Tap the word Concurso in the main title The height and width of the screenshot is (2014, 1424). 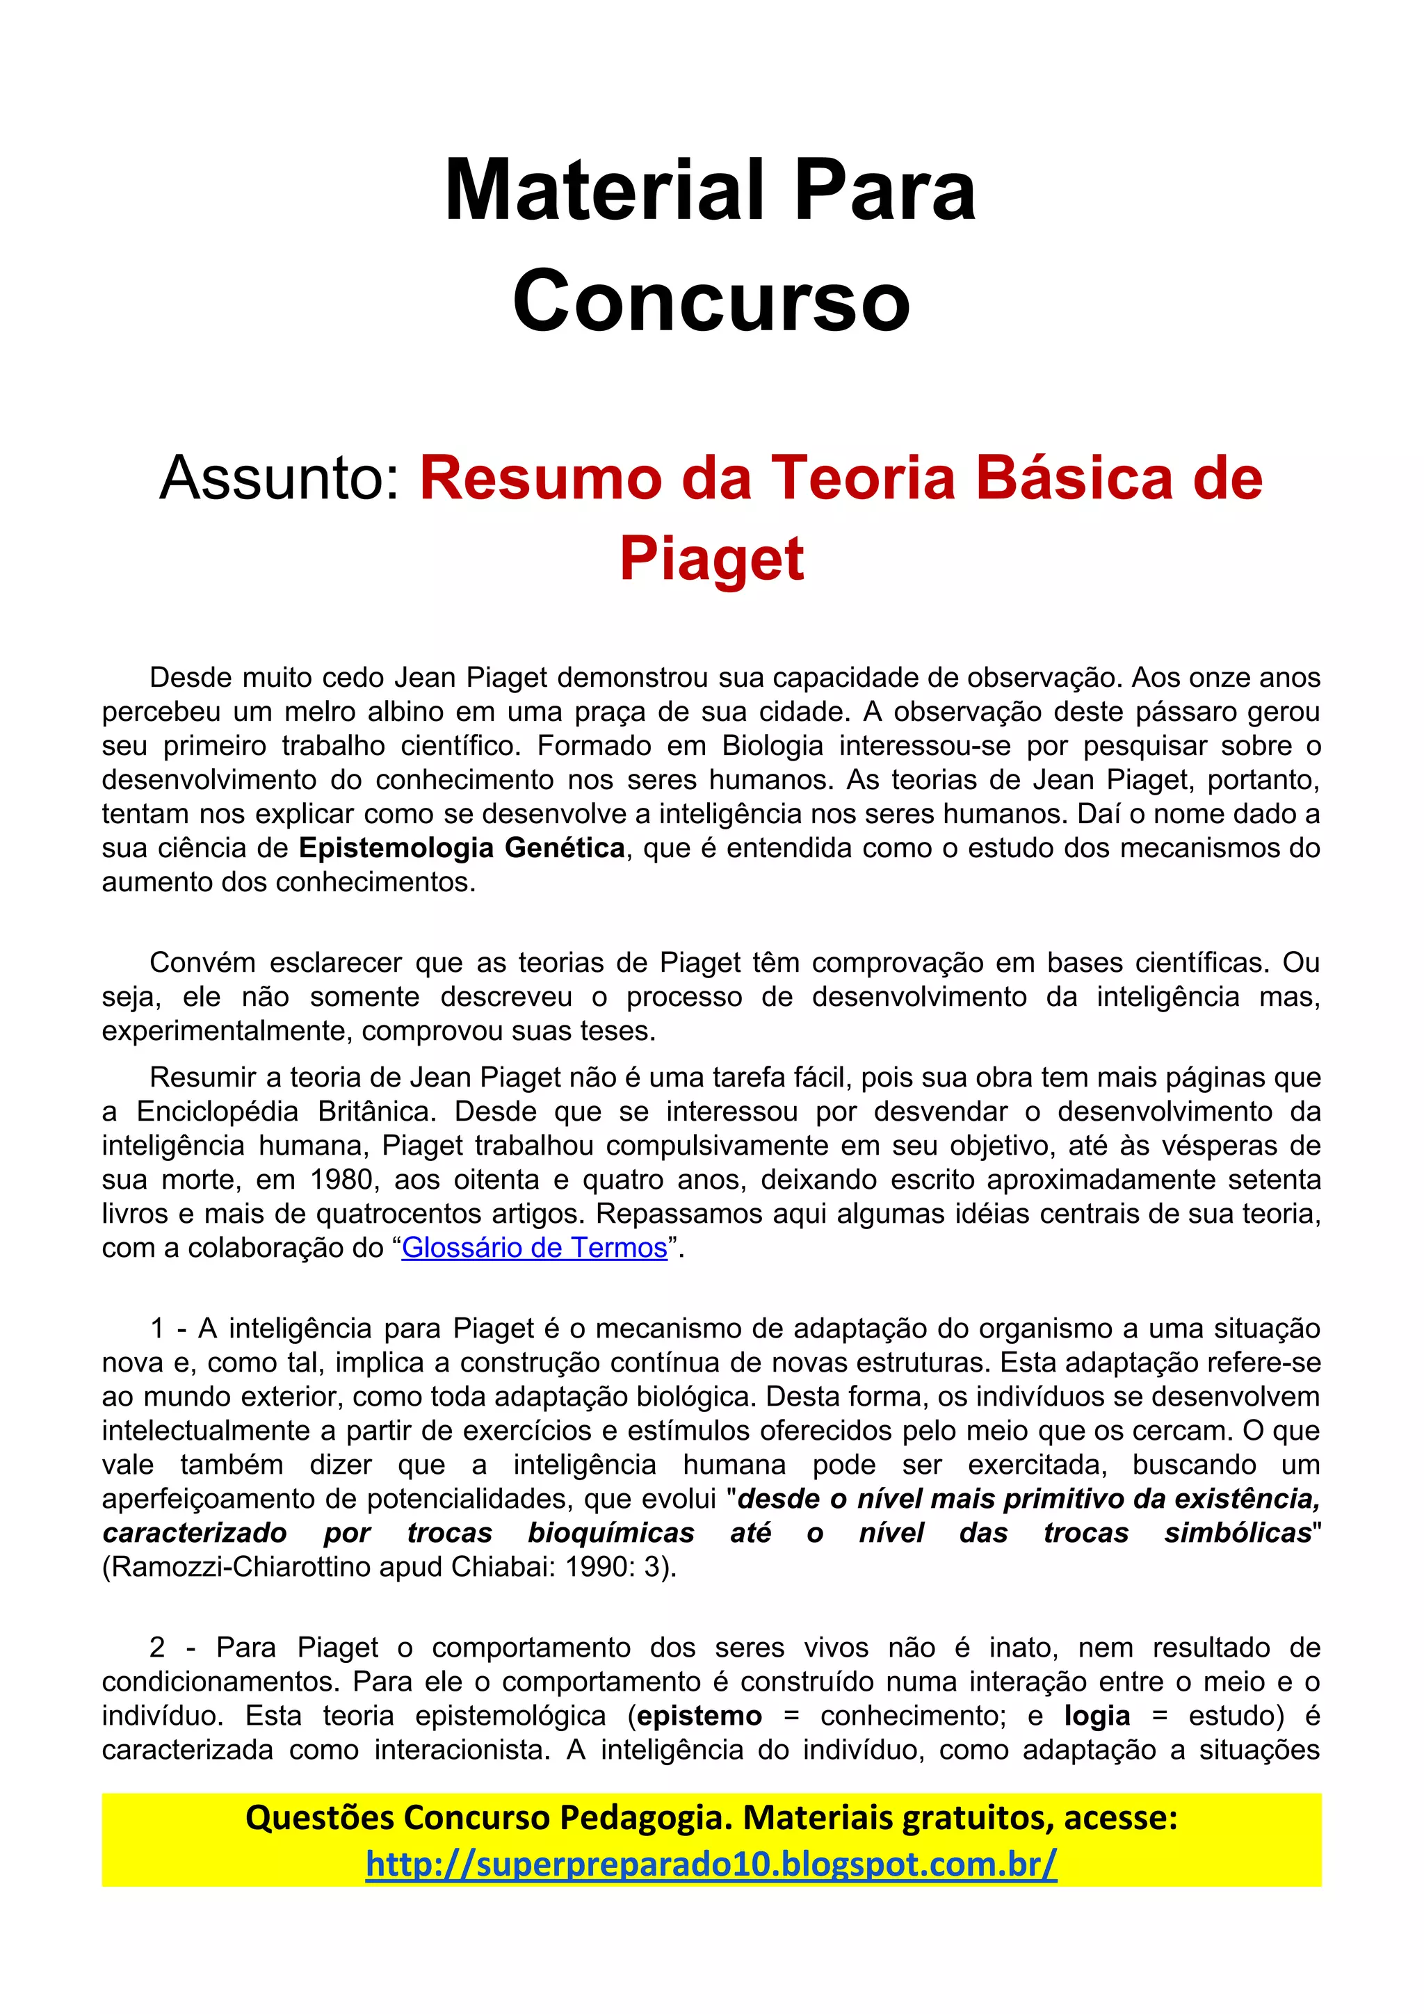711,301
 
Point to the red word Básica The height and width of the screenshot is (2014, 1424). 1076,478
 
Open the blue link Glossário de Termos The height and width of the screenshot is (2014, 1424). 534,1247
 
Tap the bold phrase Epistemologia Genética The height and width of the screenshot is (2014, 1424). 462,847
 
